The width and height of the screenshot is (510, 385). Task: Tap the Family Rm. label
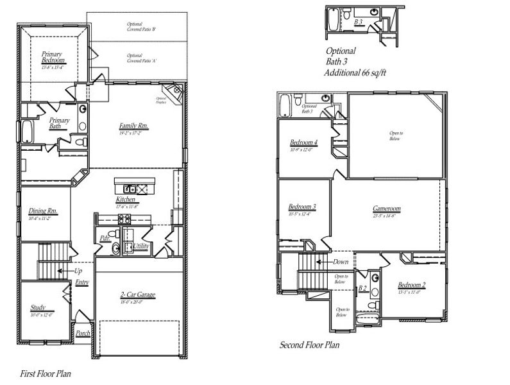pyautogui.click(x=133, y=126)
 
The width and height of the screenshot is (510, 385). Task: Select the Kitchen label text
pyautogui.click(x=126, y=200)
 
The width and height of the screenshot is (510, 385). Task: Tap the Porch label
pyautogui.click(x=83, y=333)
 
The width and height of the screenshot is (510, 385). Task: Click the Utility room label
pyautogui.click(x=142, y=246)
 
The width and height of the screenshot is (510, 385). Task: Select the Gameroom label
pyautogui.click(x=387, y=209)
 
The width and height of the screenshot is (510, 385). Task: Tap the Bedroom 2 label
pyautogui.click(x=411, y=285)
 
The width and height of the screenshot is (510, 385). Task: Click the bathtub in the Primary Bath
pyautogui.click(x=27, y=132)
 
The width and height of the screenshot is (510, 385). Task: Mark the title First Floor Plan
pyautogui.click(x=45, y=372)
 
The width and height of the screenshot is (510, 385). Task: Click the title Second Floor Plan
pyautogui.click(x=309, y=345)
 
